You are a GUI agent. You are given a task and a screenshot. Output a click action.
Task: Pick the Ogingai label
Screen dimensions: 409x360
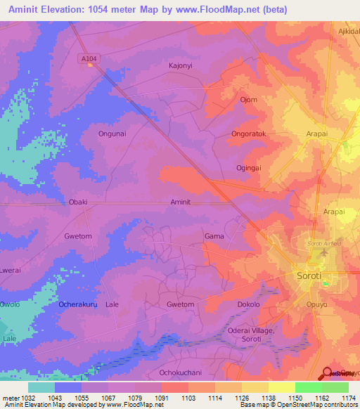point(249,168)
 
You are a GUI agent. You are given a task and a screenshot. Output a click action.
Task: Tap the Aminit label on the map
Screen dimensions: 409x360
point(181,202)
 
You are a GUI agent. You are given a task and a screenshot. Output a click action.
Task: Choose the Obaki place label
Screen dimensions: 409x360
point(77,202)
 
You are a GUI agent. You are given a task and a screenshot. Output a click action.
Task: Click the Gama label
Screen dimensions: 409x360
point(214,236)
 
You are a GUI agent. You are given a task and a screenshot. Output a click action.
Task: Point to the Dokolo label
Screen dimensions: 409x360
point(248,304)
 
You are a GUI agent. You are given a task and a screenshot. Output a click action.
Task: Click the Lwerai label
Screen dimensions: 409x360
point(10,270)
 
